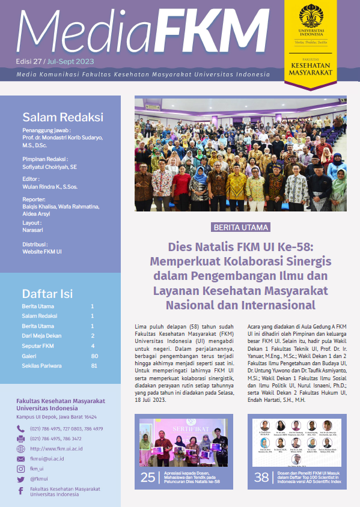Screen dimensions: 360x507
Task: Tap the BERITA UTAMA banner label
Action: (x=241, y=228)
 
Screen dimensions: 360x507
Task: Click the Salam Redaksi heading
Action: (x=63, y=117)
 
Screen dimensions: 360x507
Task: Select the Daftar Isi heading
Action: (x=47, y=294)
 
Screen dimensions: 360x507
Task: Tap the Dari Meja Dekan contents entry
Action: (x=41, y=336)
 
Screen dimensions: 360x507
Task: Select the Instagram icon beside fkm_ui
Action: (x=21, y=469)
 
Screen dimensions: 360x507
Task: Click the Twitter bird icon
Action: (x=21, y=479)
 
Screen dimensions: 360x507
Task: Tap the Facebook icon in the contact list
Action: (x=21, y=491)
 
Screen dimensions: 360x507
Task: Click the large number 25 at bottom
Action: (x=148, y=478)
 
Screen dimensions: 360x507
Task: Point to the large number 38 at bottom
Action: (x=261, y=478)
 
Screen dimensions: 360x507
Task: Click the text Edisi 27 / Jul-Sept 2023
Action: (x=55, y=62)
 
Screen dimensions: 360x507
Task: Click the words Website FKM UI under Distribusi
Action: (x=42, y=252)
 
